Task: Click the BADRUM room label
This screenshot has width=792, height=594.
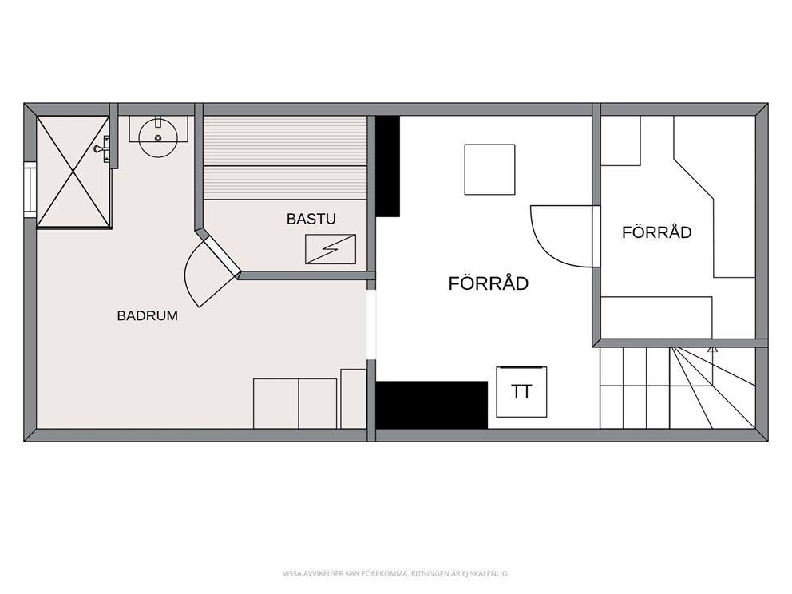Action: [x=148, y=315]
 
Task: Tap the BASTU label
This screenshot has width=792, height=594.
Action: [x=311, y=219]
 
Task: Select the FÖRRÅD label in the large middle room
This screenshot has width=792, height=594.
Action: [x=489, y=283]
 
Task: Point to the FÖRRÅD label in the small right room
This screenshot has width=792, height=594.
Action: [x=656, y=232]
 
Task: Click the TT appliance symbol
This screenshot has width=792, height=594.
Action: [x=522, y=392]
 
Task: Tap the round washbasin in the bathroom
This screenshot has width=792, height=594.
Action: [x=158, y=137]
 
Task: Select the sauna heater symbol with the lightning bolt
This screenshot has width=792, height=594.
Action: [x=331, y=249]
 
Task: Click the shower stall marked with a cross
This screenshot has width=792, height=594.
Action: [x=73, y=172]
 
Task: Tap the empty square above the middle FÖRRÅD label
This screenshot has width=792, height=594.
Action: [x=490, y=169]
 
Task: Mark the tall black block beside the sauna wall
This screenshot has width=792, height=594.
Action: [x=388, y=167]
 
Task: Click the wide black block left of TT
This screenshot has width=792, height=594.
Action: [x=432, y=405]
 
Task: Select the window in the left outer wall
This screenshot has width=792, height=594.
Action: [x=30, y=189]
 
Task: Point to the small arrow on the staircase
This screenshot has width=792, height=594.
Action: [x=713, y=349]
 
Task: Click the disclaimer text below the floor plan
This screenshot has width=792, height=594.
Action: [x=395, y=573]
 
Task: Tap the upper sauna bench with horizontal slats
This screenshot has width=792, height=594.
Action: [x=285, y=141]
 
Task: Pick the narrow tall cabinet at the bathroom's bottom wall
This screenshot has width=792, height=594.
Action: [x=354, y=399]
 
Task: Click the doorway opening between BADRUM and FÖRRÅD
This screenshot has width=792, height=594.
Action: [x=371, y=324]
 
